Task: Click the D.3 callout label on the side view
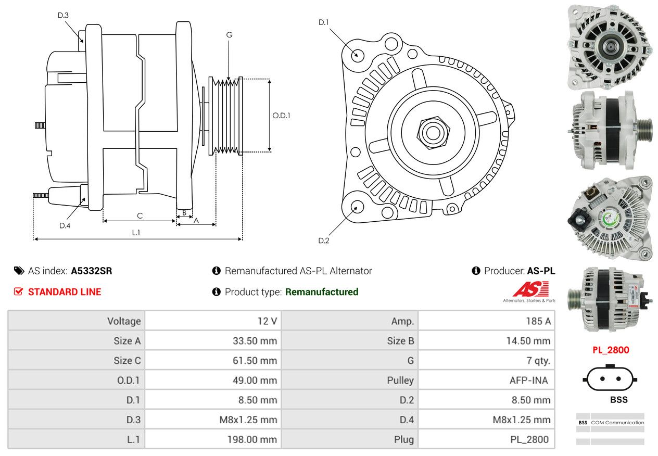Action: pos(63,15)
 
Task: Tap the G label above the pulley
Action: pos(230,35)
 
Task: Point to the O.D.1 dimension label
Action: pos(281,116)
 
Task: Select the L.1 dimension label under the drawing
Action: pos(136,233)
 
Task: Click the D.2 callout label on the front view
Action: pos(324,240)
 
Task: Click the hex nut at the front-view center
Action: pos(433,133)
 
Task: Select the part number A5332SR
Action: pos(91,271)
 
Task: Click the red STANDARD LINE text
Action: pos(65,292)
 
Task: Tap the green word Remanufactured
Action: pos(322,292)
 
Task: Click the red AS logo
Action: pos(531,289)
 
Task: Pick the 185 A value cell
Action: pos(487,321)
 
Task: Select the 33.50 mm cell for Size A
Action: pos(213,340)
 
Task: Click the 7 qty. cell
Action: pos(487,360)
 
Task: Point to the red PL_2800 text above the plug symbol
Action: pos(611,350)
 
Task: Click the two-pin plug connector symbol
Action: pos(610,378)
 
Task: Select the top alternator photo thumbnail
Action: pos(610,47)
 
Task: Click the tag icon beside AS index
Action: pos(19,271)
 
